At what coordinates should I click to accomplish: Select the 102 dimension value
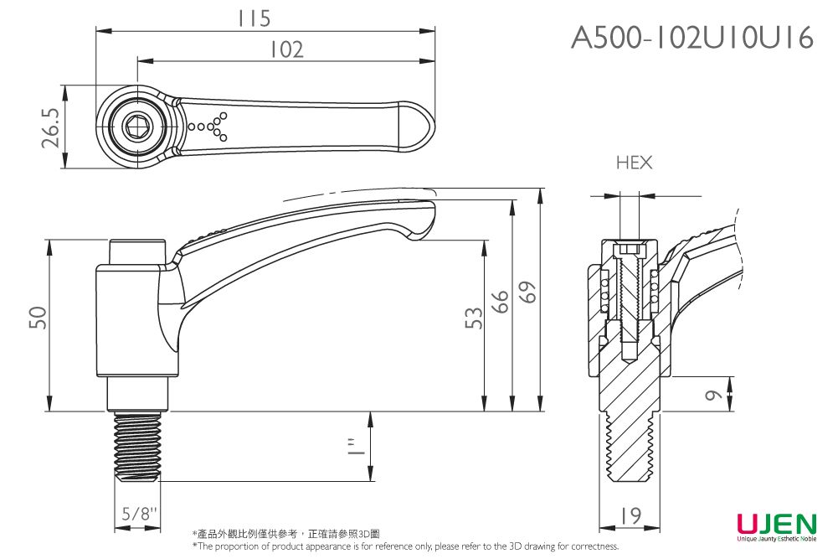click(285, 50)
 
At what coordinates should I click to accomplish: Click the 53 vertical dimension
click(474, 318)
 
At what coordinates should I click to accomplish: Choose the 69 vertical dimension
click(527, 292)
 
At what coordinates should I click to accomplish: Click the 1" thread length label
click(357, 446)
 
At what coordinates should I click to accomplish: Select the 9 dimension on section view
click(712, 395)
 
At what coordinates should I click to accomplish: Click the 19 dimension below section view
click(631, 515)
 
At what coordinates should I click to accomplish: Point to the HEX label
click(634, 163)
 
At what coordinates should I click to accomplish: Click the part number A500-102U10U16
click(692, 38)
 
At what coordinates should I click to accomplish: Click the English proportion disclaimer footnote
click(405, 546)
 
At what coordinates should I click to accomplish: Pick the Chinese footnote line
click(285, 534)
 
